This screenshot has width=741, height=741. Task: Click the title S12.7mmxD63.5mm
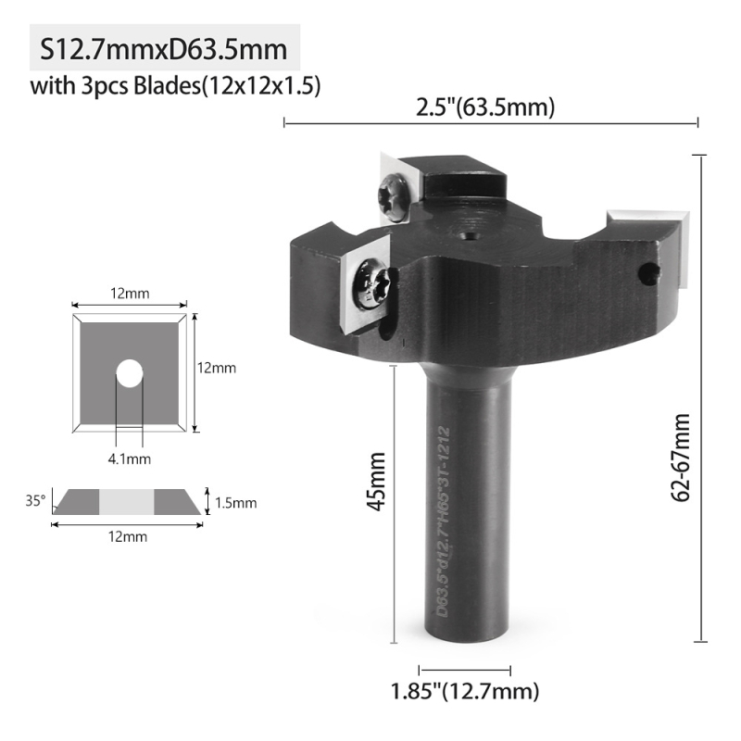(164, 49)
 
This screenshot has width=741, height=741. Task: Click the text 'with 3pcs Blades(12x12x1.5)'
(175, 86)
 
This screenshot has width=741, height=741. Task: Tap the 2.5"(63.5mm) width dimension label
(484, 107)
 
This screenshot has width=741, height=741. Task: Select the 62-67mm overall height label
(681, 458)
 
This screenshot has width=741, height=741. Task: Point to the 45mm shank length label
(377, 481)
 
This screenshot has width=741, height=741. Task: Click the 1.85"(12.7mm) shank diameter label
(465, 691)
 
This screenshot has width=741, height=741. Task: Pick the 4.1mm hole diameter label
(130, 458)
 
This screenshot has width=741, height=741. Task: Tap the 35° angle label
(35, 500)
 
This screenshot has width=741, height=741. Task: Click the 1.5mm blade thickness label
(236, 503)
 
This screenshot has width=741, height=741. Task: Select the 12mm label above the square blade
(130, 294)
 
